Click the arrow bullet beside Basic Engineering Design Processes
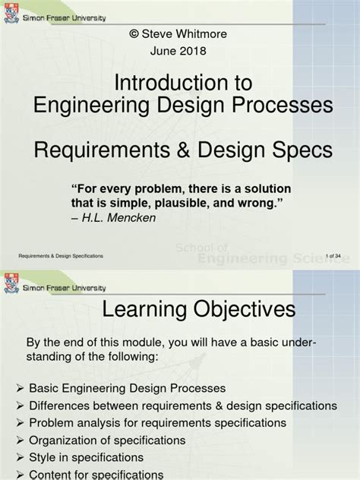point(20,388)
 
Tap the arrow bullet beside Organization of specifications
point(20,440)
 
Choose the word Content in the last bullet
point(52,474)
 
